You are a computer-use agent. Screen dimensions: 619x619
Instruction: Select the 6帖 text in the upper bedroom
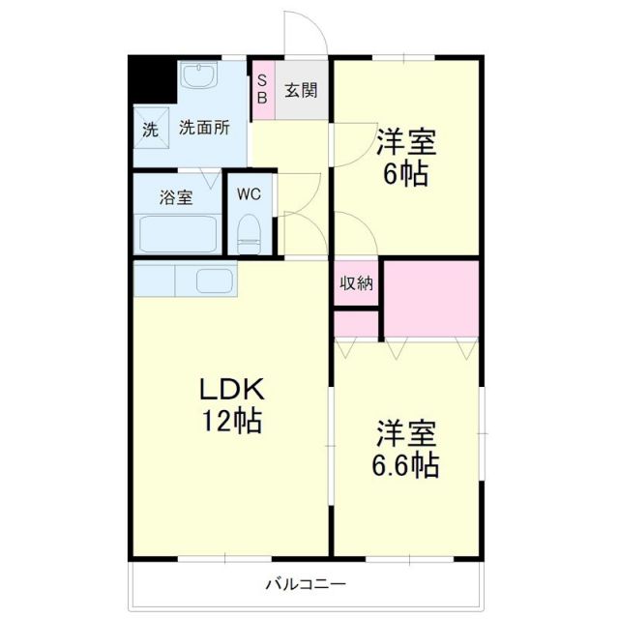click(x=406, y=176)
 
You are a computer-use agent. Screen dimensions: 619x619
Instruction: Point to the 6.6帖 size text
click(x=406, y=465)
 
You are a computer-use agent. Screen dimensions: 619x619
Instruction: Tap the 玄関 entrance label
click(x=301, y=90)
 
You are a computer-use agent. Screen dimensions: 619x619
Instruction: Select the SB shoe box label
click(x=262, y=90)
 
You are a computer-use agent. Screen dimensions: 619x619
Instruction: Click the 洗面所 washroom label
click(x=204, y=128)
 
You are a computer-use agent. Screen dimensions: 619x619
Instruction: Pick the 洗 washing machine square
click(x=150, y=129)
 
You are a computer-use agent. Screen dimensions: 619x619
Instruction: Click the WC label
click(x=250, y=193)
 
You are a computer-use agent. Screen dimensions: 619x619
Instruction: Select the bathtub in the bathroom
click(x=179, y=234)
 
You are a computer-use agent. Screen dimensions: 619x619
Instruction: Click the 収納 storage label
click(x=356, y=283)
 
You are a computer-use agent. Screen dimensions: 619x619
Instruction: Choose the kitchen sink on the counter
click(x=214, y=281)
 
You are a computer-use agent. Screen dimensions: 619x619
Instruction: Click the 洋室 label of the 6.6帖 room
click(x=406, y=431)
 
